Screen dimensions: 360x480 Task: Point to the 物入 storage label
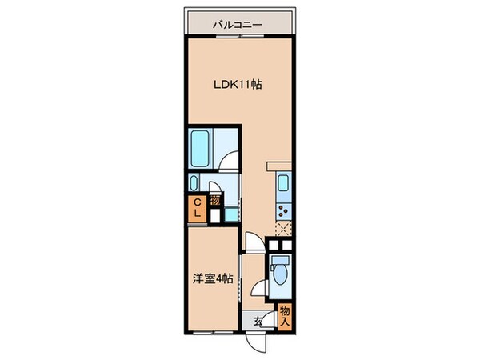(x=284, y=315)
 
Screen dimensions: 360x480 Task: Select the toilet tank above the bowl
(x=279, y=260)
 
